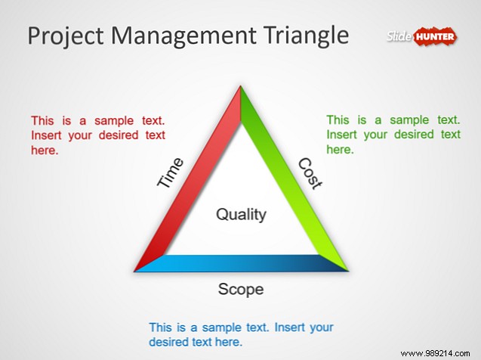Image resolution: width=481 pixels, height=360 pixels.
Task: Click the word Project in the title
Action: (64, 36)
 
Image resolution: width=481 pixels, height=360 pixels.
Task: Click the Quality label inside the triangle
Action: (241, 215)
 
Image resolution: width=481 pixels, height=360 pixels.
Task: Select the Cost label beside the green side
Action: (309, 173)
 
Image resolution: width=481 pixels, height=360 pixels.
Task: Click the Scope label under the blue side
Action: (241, 289)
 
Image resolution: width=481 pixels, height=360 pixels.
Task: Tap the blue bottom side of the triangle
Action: (241, 263)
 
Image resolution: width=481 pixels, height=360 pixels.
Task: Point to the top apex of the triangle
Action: (241, 89)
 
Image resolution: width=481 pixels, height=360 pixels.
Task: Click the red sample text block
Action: (98, 135)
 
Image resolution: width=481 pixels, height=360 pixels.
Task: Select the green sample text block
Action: (393, 135)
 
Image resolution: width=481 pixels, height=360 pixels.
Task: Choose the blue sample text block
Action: (241, 334)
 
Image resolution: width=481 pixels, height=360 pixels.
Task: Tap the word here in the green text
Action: (340, 150)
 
